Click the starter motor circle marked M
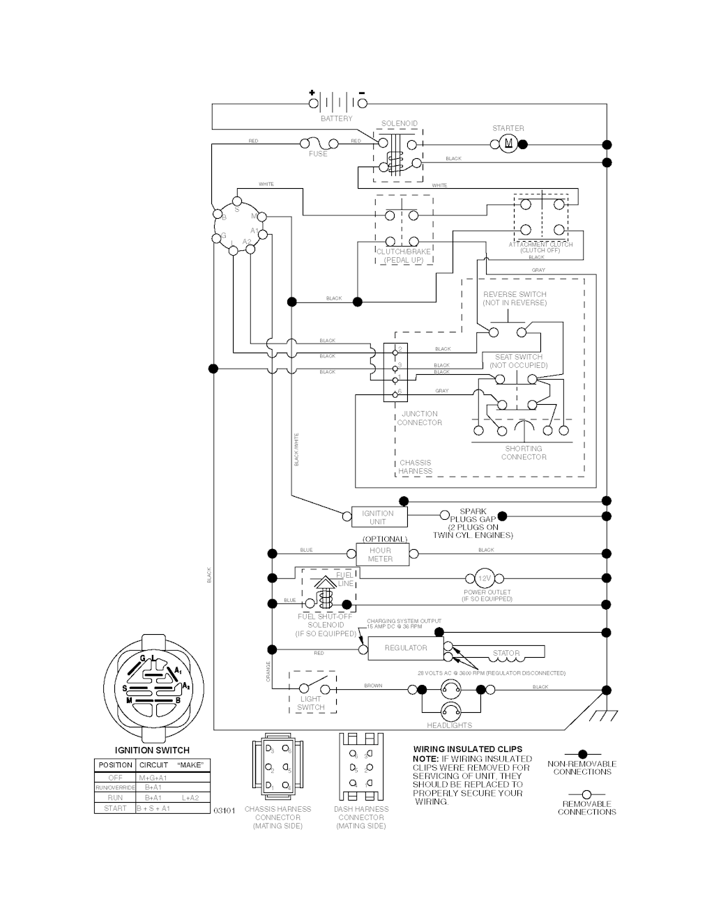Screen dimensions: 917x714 click(x=508, y=144)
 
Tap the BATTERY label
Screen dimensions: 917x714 click(x=337, y=119)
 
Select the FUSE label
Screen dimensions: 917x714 click(x=318, y=154)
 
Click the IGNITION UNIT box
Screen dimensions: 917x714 click(x=379, y=517)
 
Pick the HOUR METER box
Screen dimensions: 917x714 click(x=381, y=555)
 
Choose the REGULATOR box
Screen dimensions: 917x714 click(x=406, y=648)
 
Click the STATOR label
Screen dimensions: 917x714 click(x=506, y=654)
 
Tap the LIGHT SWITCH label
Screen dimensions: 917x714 click(x=311, y=703)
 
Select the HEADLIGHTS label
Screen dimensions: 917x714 click(x=450, y=726)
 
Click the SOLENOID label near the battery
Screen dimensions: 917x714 click(x=400, y=124)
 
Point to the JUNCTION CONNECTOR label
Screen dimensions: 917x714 click(x=420, y=418)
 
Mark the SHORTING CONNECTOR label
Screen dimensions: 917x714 click(x=524, y=453)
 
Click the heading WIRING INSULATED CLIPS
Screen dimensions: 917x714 click(x=468, y=750)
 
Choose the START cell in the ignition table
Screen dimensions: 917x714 click(x=115, y=808)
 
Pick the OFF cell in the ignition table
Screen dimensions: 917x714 click(x=115, y=778)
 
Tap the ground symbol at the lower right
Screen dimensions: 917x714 click(x=598, y=716)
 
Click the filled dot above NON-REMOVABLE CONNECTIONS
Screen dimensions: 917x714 click(x=582, y=754)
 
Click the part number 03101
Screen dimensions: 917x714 click(x=224, y=810)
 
